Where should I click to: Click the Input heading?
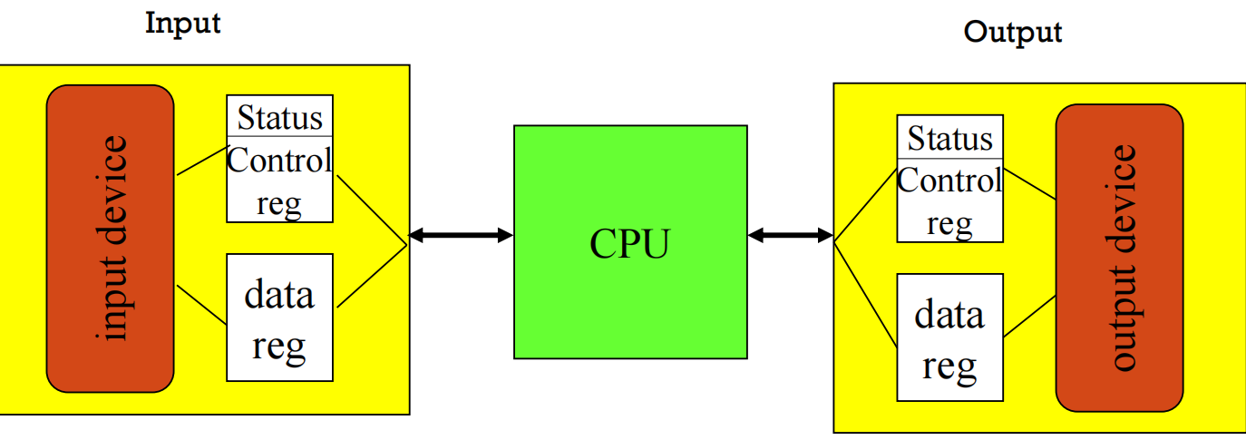coord(182,23)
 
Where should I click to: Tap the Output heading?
coord(1012,33)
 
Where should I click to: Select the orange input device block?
coord(110,239)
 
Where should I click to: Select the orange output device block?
coord(1119,258)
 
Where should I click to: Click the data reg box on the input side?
coord(279,318)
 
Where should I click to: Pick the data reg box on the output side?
coord(949,337)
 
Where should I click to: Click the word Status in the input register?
coord(279,118)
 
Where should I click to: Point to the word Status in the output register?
coord(949,139)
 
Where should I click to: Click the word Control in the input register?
coord(279,161)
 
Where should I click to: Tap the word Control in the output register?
coord(949,181)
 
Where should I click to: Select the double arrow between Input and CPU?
coord(461,236)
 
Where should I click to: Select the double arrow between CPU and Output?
coord(790,236)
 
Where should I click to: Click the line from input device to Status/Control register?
coord(200,161)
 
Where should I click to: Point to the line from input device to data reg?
coord(200,305)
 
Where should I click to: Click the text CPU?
coord(629,243)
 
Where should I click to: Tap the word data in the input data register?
coord(279,295)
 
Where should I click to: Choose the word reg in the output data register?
coord(949,365)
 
